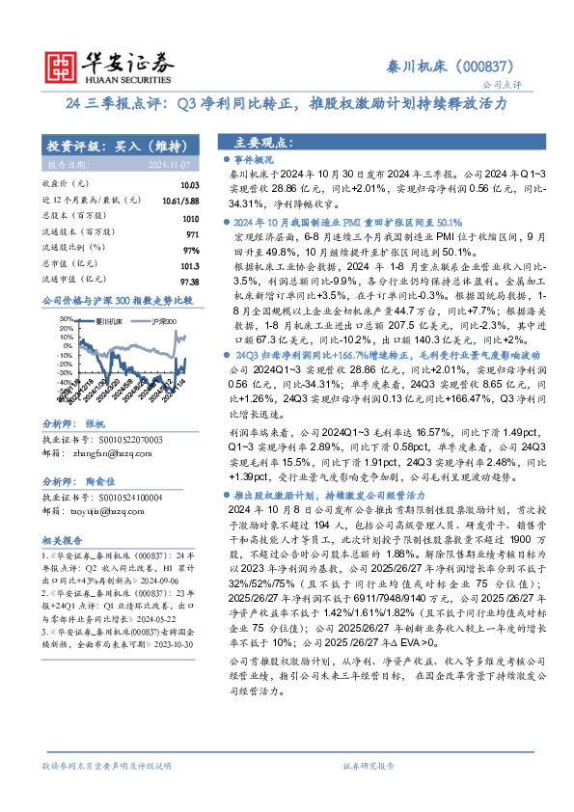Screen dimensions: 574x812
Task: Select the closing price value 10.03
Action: tap(189, 184)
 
